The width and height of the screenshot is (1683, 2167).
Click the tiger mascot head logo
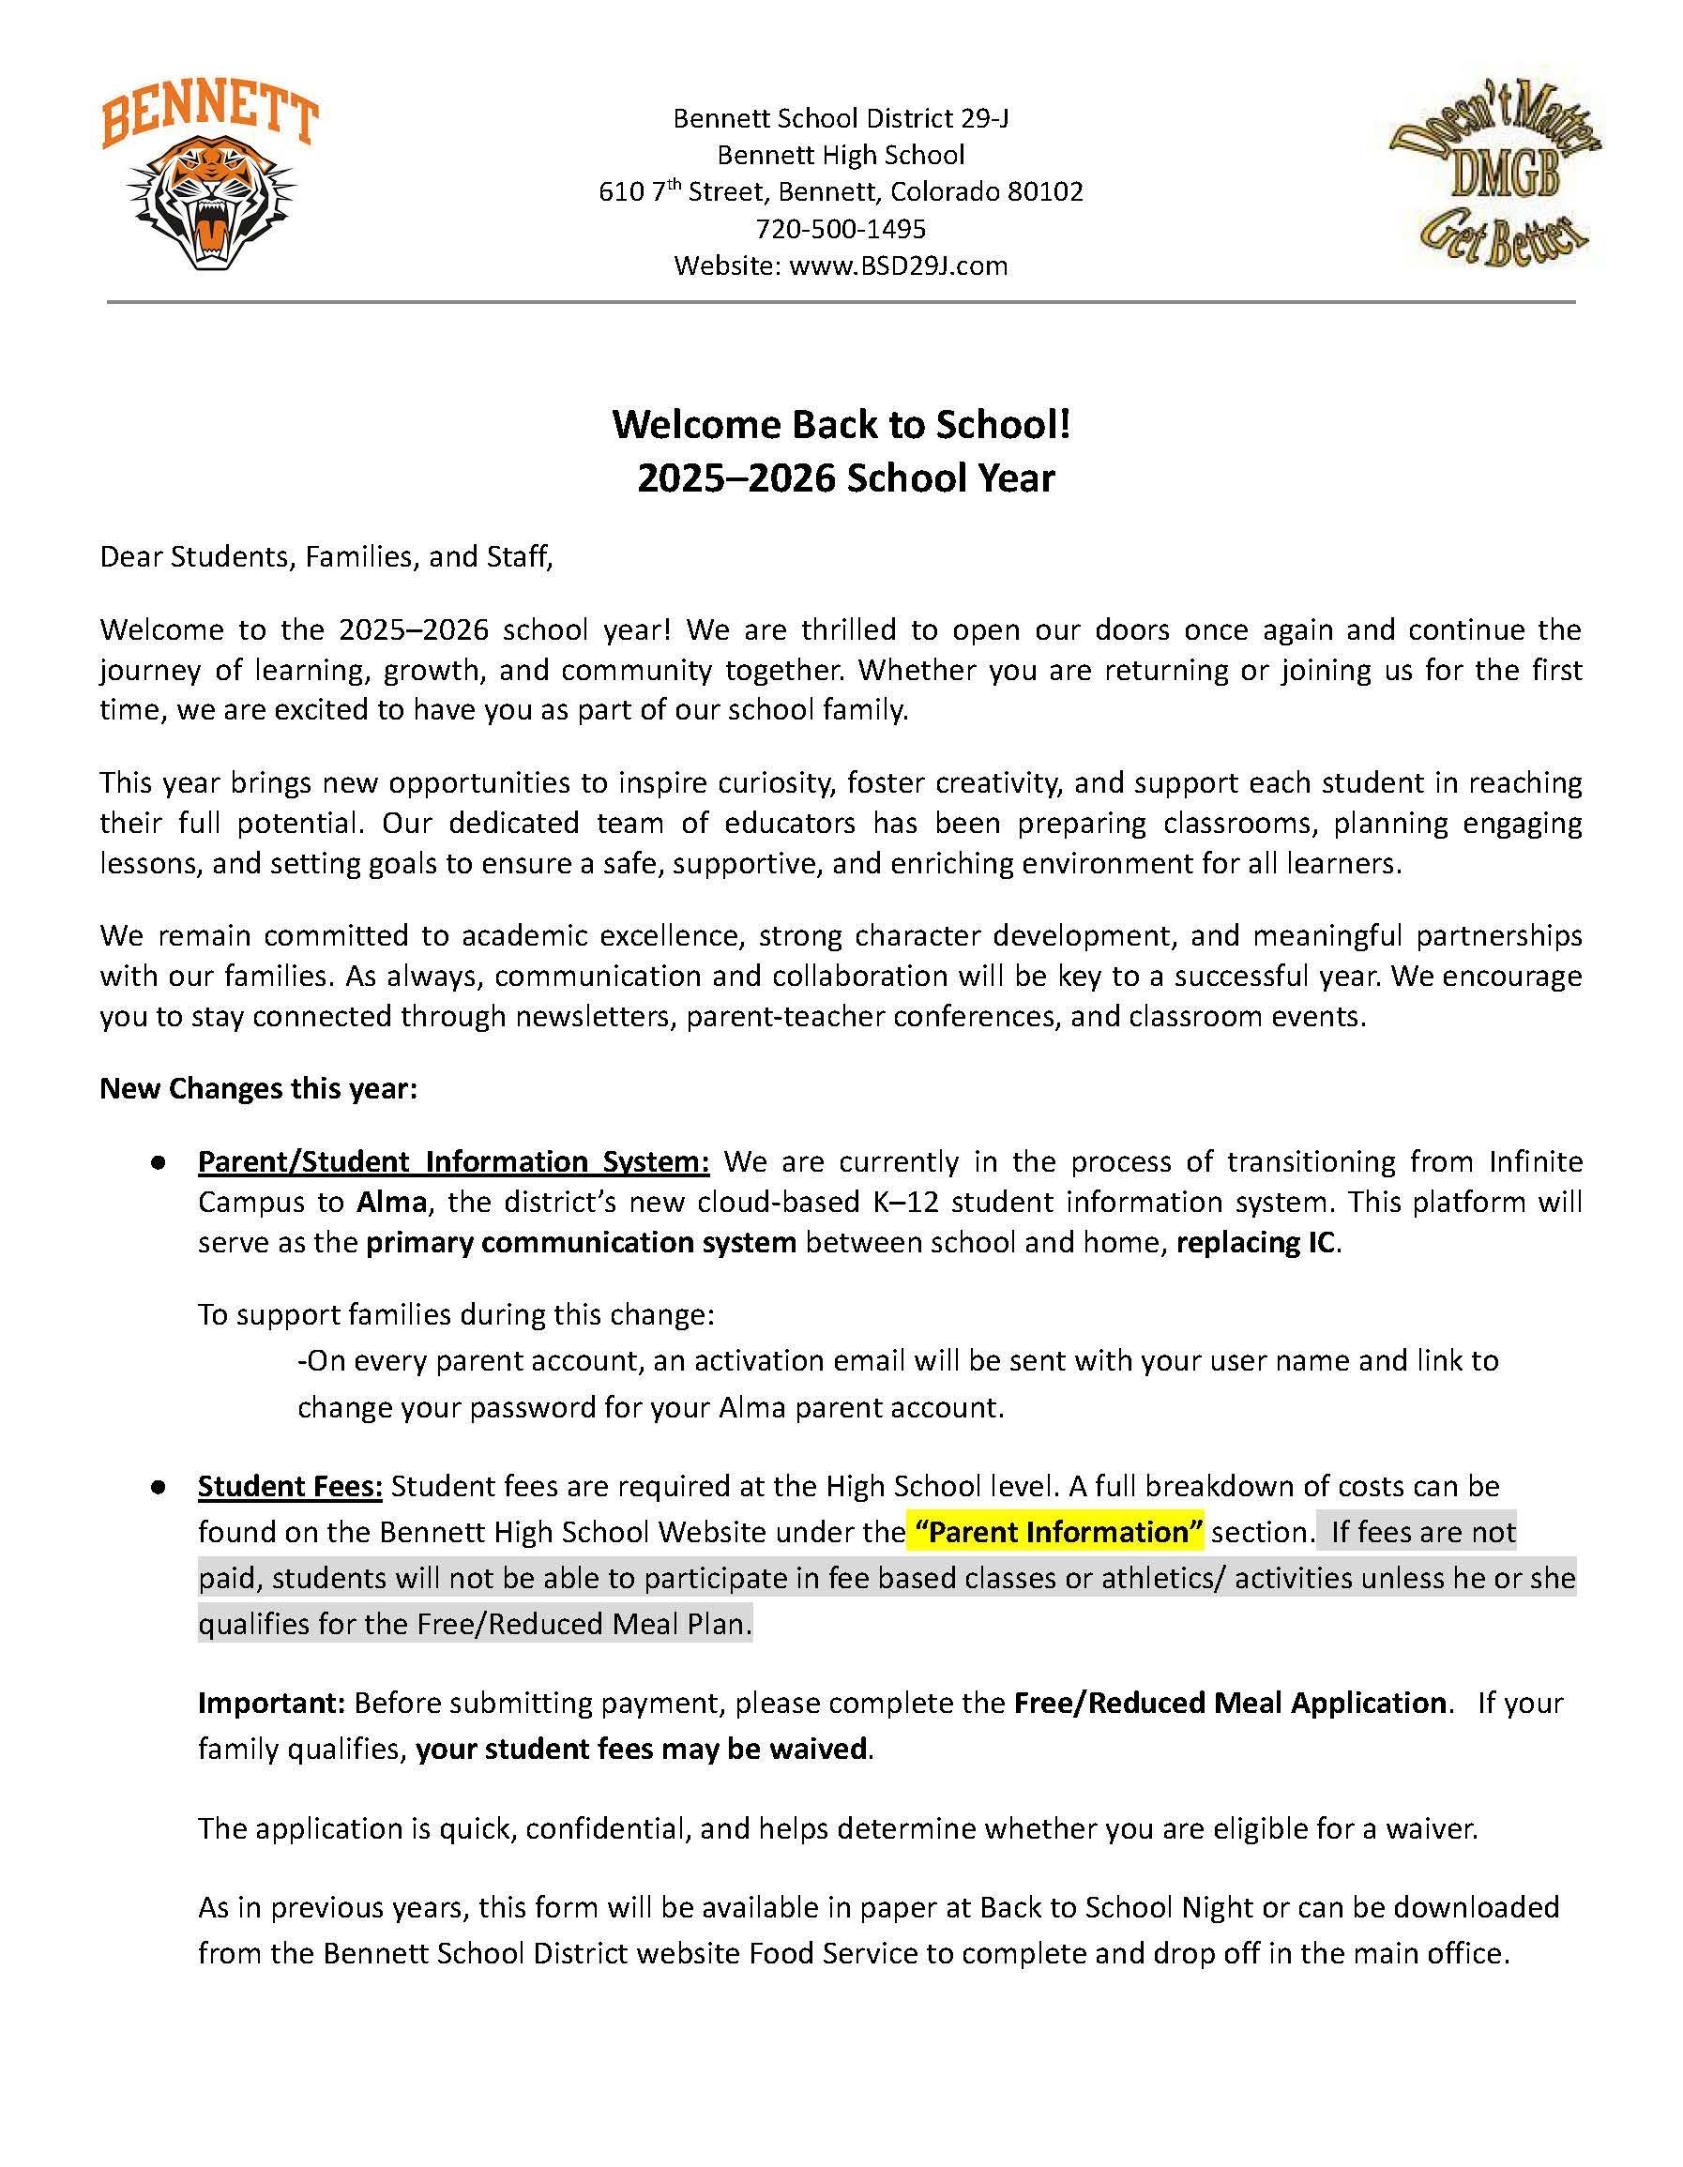[211, 204]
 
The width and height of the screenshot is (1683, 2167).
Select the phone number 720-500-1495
[841, 229]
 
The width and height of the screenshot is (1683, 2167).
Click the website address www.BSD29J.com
[898, 265]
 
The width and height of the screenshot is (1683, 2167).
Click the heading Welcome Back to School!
[841, 424]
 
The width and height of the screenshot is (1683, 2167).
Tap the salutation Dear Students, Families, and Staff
[326, 556]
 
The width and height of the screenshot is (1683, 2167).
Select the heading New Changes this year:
[258, 1088]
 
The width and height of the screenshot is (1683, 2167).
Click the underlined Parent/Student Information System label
[453, 1161]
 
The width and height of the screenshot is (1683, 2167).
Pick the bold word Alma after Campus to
[391, 1202]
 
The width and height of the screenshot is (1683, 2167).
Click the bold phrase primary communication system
[581, 1242]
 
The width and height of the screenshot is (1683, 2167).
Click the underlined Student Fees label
[290, 1486]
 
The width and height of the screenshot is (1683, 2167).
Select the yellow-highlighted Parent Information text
[1054, 1532]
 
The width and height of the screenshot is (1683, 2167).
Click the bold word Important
[270, 1703]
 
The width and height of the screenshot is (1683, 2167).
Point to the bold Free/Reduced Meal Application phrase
[1230, 1703]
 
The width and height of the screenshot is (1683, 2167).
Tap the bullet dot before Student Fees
[157, 1487]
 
